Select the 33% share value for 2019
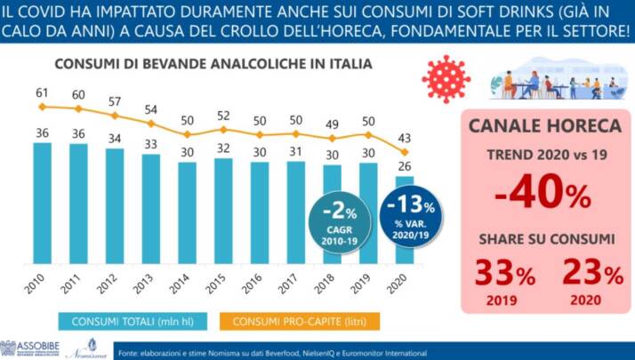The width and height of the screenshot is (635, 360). (x=502, y=273)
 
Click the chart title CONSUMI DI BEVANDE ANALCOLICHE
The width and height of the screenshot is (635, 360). (x=213, y=66)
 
